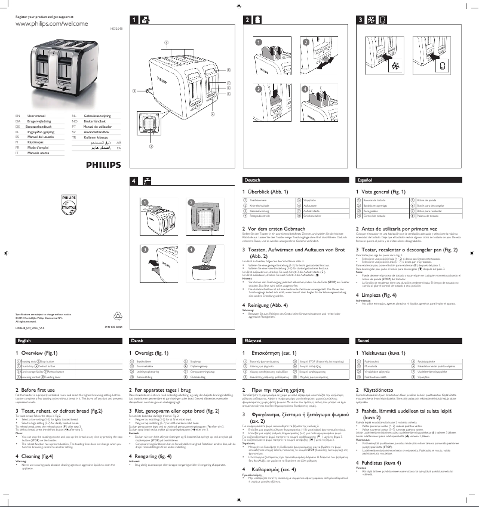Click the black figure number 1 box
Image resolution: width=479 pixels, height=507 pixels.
tap(134, 20)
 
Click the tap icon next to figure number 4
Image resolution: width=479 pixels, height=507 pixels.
tap(146, 180)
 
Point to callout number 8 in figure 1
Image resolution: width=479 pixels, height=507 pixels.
tap(228, 70)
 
